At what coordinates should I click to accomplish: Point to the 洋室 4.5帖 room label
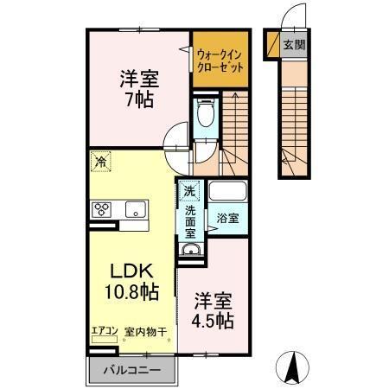(x=212, y=310)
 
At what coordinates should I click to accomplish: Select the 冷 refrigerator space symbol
(x=101, y=161)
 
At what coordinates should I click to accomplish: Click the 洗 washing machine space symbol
(x=189, y=191)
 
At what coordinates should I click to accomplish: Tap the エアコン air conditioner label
(x=104, y=330)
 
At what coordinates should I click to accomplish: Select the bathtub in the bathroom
(x=229, y=194)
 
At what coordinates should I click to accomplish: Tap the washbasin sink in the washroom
(x=190, y=252)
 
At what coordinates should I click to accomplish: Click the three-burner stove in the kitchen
(x=102, y=208)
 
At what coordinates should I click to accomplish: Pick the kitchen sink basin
(x=136, y=208)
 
